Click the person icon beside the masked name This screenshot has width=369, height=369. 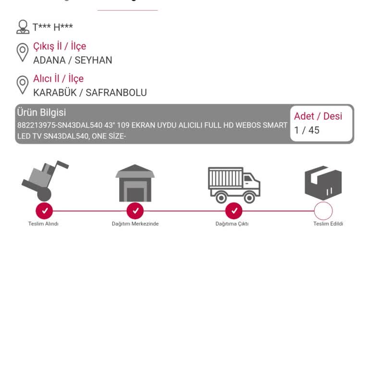(x=23, y=27)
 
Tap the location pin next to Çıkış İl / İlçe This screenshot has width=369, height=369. (x=23, y=52)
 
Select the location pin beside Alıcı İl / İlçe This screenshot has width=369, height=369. (x=23, y=85)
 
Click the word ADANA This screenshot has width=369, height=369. (x=49, y=60)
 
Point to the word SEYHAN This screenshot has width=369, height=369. (x=93, y=60)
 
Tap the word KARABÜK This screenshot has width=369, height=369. (x=55, y=92)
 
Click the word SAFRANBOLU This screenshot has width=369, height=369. (x=116, y=92)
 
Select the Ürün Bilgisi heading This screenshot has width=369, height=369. (x=41, y=112)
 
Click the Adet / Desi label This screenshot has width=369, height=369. (x=318, y=116)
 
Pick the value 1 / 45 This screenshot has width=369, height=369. (x=307, y=130)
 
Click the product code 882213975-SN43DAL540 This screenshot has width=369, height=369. (x=60, y=125)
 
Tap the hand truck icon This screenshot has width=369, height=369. (x=45, y=181)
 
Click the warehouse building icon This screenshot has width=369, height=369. (x=135, y=183)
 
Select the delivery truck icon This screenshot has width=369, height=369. (x=234, y=185)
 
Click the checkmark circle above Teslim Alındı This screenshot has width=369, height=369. (x=44, y=210)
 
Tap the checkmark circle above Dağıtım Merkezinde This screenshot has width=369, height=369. (x=135, y=210)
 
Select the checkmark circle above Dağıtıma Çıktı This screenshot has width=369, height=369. (x=234, y=210)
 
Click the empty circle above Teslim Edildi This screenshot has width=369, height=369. (x=323, y=211)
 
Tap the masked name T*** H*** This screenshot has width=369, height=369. (x=53, y=27)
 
